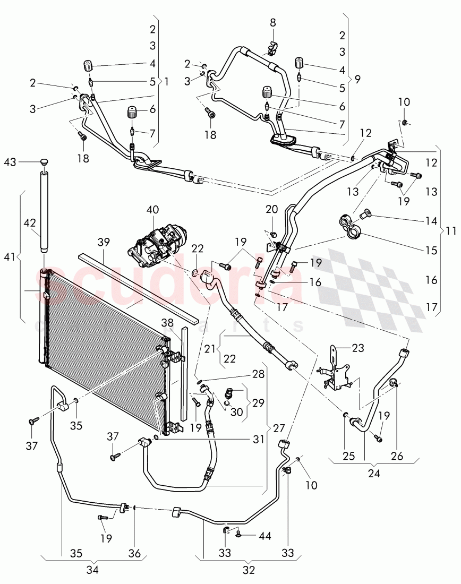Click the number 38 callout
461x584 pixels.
coord(168,322)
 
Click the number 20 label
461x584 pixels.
coord(271,210)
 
